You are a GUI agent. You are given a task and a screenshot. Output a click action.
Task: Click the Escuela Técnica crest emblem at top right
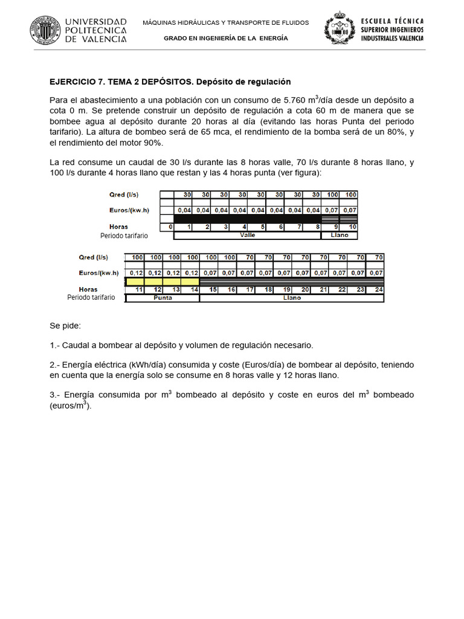click(x=341, y=30)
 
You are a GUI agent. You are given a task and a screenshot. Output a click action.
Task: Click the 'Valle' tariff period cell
click(x=248, y=235)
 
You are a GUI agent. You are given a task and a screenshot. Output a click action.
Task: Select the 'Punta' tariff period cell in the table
click(x=163, y=298)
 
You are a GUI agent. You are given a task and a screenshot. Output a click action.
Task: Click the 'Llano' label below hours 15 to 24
click(x=292, y=298)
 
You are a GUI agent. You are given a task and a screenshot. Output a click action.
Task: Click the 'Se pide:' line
click(x=69, y=326)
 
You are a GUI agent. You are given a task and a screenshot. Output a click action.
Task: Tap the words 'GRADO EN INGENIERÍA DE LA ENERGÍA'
click(x=226, y=38)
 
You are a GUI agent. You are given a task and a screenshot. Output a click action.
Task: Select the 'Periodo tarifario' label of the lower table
click(x=91, y=298)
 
